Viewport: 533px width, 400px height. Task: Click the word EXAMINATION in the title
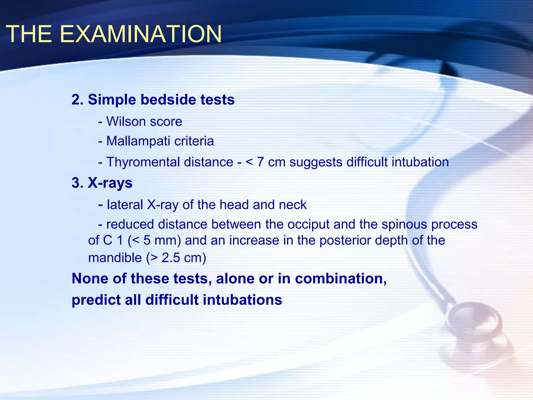(x=141, y=34)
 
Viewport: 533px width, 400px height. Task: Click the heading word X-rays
(x=110, y=183)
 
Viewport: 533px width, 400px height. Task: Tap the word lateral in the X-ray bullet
(x=125, y=205)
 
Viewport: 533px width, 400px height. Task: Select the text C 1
(x=113, y=240)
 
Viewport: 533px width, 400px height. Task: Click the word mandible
(x=115, y=258)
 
